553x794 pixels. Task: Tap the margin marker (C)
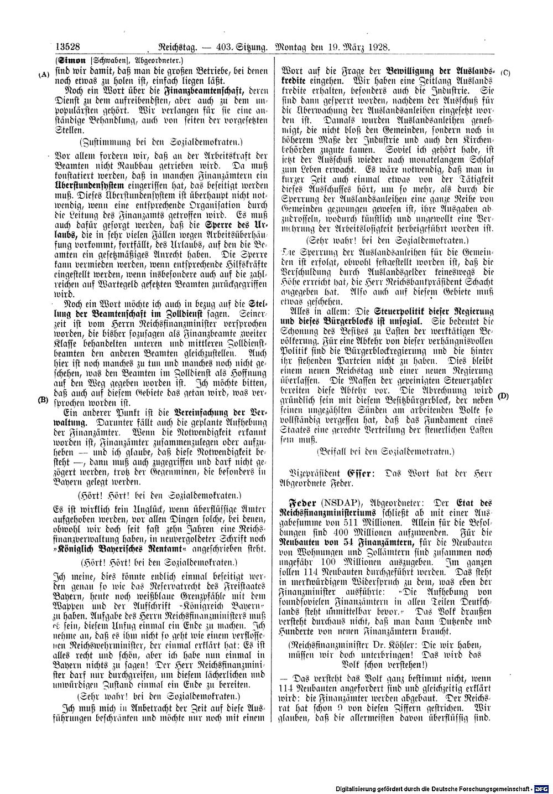[504, 73]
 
